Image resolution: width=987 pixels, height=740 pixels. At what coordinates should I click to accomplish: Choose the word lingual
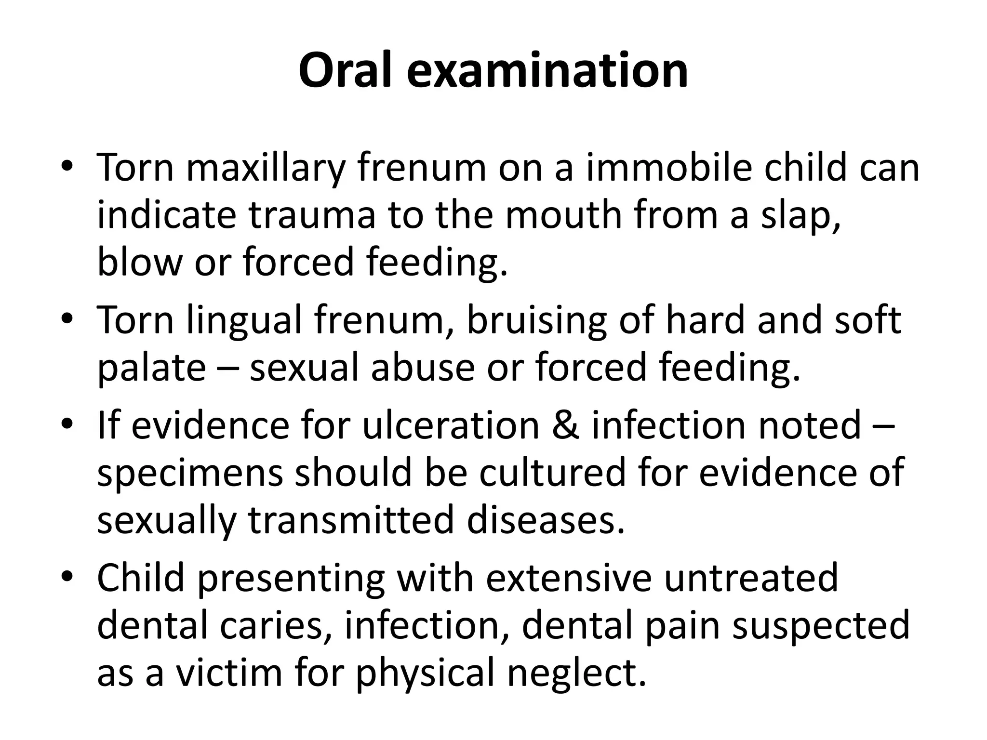[244, 321]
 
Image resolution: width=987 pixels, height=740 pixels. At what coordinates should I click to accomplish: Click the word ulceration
[451, 425]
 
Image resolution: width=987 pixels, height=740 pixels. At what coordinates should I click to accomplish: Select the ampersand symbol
[565, 425]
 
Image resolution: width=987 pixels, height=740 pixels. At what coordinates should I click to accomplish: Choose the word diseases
[546, 520]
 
